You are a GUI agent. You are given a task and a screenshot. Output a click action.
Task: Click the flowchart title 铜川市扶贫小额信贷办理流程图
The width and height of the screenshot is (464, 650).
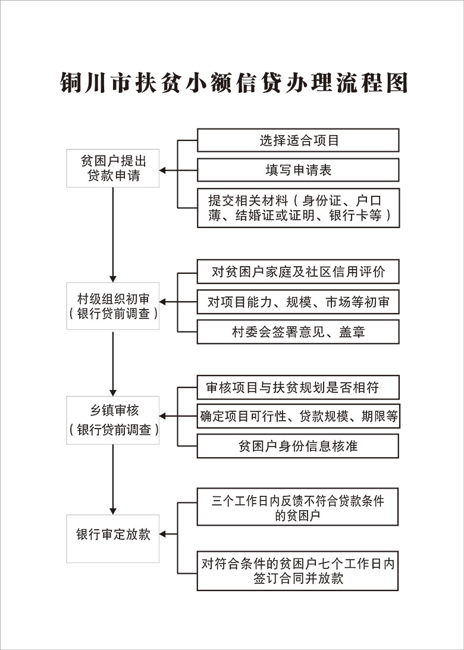234,82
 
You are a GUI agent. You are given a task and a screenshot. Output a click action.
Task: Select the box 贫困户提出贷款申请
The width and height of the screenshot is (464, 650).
112,168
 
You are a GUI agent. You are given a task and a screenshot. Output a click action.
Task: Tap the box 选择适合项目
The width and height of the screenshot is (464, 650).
298,140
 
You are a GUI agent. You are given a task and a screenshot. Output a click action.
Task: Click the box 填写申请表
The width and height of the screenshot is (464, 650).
298,170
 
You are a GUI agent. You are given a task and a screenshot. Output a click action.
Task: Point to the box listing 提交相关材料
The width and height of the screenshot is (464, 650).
298,208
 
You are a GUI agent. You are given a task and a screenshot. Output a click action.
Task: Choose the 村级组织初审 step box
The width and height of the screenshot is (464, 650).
112,306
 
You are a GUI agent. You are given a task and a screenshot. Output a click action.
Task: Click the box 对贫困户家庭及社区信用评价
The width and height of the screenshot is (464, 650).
298,271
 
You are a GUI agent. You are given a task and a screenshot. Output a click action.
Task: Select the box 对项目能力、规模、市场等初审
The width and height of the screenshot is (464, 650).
298,302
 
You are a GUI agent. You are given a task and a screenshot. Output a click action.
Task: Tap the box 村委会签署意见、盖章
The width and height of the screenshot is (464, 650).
298,332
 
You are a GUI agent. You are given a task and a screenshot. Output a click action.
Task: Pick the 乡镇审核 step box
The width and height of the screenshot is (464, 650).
112,420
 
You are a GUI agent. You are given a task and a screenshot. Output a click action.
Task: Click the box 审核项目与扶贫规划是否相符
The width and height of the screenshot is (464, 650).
298,387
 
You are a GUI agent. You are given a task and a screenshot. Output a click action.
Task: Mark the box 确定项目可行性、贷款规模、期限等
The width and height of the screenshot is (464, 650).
298,416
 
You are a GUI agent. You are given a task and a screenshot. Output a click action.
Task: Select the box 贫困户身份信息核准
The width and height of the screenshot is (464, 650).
298,446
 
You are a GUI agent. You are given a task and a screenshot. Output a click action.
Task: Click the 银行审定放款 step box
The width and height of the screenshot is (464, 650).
112,539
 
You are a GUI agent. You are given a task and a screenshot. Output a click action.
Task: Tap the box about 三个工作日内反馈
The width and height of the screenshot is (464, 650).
297,507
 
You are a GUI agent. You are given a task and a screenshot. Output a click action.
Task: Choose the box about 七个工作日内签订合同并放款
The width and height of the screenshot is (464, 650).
297,570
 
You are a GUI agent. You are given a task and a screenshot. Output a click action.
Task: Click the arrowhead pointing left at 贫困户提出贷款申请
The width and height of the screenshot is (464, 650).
163,170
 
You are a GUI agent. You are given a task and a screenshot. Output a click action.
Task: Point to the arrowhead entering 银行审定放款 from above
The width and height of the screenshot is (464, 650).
112,511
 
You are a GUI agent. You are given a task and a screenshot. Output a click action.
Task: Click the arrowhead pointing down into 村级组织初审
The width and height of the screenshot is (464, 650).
112,279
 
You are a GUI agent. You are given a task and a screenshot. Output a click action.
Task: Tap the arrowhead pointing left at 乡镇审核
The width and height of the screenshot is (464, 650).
163,416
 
